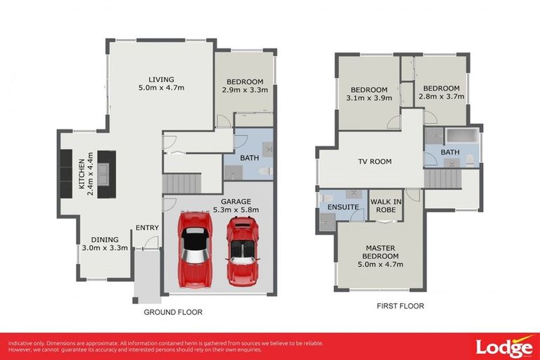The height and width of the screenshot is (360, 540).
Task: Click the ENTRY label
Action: point(147,227)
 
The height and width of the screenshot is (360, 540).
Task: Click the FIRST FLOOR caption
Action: point(400,306)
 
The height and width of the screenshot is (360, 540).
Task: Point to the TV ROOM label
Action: point(375,162)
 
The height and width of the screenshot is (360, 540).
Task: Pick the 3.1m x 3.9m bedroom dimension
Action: point(369,98)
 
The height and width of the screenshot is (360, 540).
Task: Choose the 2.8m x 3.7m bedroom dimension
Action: point(442,97)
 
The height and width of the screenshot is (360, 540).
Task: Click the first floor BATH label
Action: point(451,153)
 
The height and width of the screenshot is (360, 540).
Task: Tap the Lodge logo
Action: point(503,347)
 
